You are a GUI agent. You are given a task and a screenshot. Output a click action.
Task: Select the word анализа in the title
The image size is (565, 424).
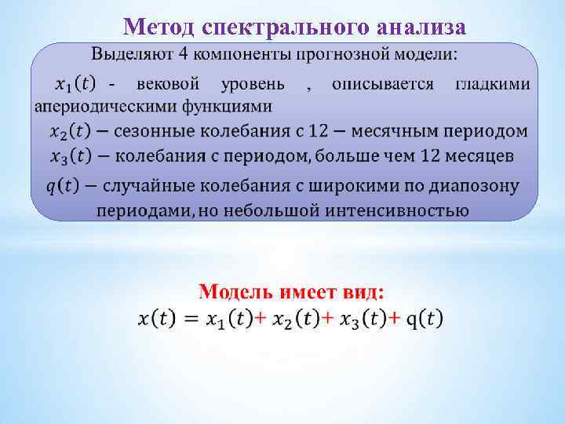421,28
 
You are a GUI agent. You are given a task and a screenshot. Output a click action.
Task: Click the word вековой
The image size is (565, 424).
167,83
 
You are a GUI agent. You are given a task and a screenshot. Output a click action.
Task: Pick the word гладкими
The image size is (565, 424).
492,83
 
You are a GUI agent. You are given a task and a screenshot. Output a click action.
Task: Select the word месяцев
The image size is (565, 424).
478,155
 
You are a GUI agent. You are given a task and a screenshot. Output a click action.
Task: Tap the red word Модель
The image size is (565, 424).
235,292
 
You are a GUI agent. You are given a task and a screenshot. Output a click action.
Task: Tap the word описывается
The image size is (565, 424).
382,83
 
